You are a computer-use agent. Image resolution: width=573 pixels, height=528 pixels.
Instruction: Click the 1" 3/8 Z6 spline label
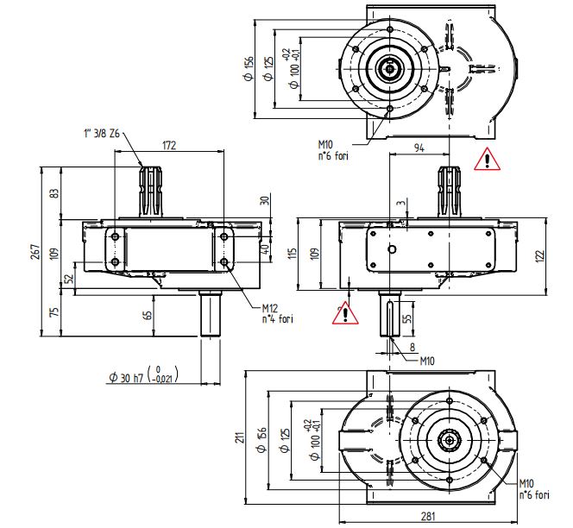(x=102, y=134)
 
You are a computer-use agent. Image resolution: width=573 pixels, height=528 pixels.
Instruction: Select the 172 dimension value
(x=169, y=147)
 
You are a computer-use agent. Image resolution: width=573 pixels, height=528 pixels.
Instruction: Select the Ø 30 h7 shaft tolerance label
(x=142, y=375)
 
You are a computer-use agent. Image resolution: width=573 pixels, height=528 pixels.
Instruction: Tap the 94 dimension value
(x=419, y=148)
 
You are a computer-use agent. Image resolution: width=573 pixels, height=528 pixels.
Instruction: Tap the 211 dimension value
(x=239, y=437)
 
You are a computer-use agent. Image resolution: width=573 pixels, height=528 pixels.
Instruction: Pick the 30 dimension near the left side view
(x=264, y=200)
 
